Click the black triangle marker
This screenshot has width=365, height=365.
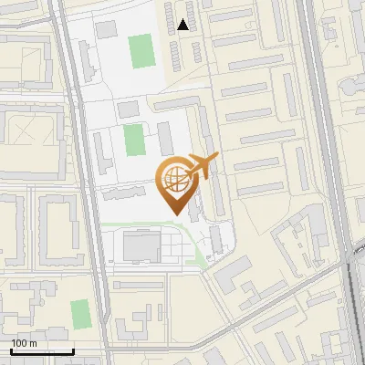(184, 25)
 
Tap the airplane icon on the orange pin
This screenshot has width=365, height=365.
(202, 167)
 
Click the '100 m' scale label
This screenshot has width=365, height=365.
(25, 343)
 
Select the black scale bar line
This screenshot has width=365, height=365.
(42, 350)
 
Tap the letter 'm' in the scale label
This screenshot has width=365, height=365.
(34, 343)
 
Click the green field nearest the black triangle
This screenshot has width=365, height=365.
(141, 51)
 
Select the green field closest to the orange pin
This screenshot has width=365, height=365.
(134, 140)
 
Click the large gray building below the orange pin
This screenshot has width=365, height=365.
(141, 245)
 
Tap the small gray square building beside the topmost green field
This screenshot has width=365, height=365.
(107, 29)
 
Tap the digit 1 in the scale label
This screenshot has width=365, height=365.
(14, 343)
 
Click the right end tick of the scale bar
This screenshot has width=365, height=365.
(73, 349)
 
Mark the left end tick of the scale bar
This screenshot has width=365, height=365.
(11, 349)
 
